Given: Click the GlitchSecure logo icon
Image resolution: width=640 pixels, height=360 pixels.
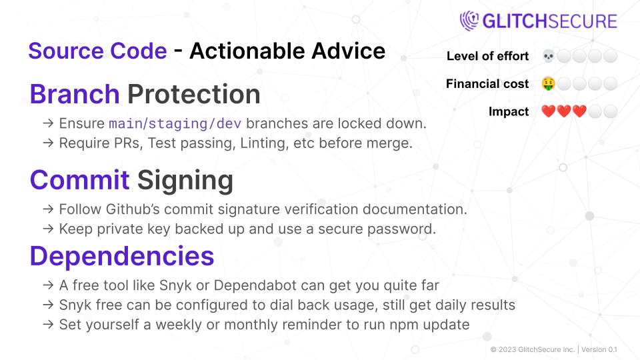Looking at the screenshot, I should coord(469,21).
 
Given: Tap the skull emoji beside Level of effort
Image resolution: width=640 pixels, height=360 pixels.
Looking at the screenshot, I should coord(548,56).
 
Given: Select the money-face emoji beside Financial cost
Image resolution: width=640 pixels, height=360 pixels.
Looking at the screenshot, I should coord(548,84).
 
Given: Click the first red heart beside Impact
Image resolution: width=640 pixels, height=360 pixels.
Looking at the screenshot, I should coord(548,112).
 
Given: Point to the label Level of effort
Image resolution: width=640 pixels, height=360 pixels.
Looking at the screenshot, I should coord(488,56).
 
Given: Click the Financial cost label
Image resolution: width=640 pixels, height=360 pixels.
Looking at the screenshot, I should coord(487,84).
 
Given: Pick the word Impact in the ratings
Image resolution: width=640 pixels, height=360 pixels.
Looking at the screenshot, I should coord(509,112).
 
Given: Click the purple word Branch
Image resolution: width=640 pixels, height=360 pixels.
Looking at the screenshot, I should coord(75,95).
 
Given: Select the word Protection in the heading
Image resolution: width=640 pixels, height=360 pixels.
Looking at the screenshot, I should coord(194,95).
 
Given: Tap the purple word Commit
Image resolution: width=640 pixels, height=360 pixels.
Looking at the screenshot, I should coord(79,180).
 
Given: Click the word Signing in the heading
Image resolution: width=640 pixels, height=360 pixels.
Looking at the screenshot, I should coord(185,180).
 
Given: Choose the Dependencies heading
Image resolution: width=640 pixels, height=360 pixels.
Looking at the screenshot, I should coord(122,255).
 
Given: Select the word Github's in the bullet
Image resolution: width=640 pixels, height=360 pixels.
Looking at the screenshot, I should coord(131,209).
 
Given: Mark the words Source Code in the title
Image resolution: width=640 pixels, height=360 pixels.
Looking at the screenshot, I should coord(97,51).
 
